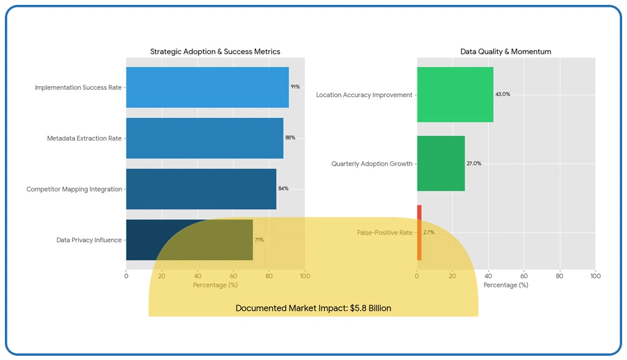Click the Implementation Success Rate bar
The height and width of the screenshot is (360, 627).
click(x=207, y=87)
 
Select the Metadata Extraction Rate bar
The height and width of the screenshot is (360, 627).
click(x=204, y=138)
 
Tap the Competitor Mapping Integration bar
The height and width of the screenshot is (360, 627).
click(x=201, y=189)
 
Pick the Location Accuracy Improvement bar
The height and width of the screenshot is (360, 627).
click(x=455, y=95)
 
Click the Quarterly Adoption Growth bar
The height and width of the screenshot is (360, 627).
click(x=441, y=164)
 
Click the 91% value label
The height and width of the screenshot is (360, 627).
click(x=295, y=87)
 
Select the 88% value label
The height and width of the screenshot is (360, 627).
click(x=290, y=138)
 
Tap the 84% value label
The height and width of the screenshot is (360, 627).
click(x=283, y=189)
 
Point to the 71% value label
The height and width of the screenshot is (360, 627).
click(x=259, y=240)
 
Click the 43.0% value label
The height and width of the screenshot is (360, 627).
click(x=502, y=95)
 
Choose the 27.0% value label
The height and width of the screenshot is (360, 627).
click(x=474, y=164)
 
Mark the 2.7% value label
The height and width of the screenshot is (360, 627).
click(x=428, y=233)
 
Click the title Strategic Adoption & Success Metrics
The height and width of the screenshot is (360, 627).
click(x=215, y=52)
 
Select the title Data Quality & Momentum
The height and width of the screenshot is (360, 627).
click(x=505, y=52)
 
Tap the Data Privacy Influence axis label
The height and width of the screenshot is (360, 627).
click(x=89, y=240)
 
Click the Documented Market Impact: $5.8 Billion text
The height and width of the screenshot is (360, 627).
click(x=313, y=309)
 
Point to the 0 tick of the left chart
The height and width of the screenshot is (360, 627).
click(x=126, y=276)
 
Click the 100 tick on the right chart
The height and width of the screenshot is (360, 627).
click(x=595, y=276)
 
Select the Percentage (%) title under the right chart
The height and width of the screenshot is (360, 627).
click(x=505, y=285)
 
